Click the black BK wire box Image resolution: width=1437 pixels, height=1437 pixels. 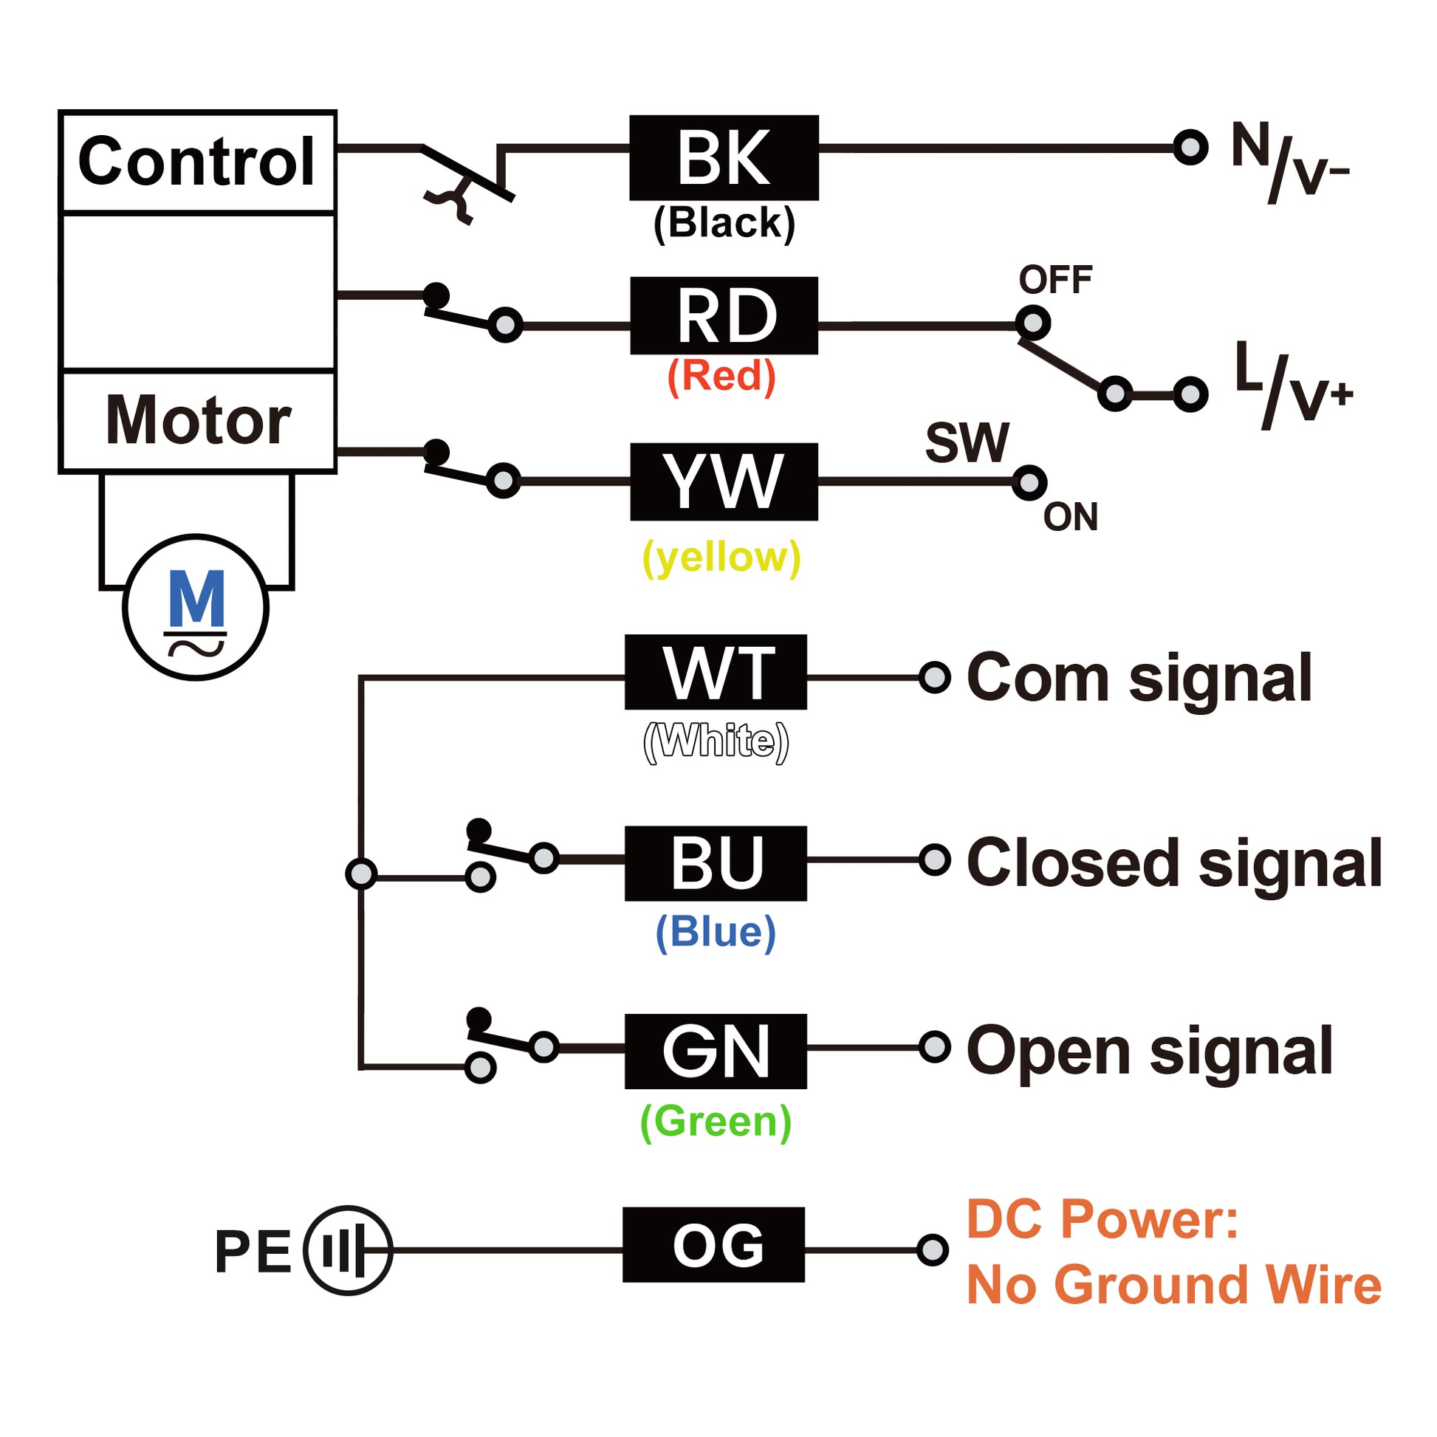coord(724,158)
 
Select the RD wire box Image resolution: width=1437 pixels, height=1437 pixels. coord(724,315)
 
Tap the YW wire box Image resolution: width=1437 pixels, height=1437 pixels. coord(724,481)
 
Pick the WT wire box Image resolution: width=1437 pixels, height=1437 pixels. coord(716,672)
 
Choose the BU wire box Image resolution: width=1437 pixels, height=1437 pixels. coord(716,862)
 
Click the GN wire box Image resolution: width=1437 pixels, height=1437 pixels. coord(716,1051)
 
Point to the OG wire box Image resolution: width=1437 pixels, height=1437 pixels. coord(714,1244)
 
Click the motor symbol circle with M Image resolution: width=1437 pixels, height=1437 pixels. coord(196,607)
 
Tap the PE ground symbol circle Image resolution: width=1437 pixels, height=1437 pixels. coord(347,1250)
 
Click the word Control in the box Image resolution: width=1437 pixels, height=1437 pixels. coord(197,162)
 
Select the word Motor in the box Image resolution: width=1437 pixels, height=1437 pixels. coord(198,420)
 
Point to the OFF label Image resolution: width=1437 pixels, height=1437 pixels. coord(1054,280)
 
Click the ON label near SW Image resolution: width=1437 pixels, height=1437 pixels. coord(1070,517)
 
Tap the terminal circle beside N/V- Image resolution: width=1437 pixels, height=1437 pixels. coord(1190,147)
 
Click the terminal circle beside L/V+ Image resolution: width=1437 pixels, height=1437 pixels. coord(1190,394)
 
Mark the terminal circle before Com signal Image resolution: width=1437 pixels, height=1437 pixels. coord(935,677)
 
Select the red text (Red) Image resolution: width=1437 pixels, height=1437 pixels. coord(721,376)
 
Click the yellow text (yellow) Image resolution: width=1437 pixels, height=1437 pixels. coord(721,556)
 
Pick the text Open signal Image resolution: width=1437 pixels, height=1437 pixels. coord(1149,1051)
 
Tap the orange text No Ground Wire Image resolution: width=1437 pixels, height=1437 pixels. coord(1173,1285)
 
